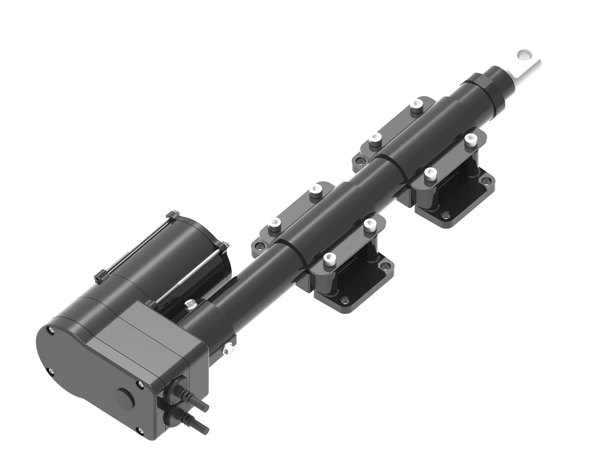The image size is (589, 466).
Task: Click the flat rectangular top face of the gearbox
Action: pyautogui.click(x=144, y=328)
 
